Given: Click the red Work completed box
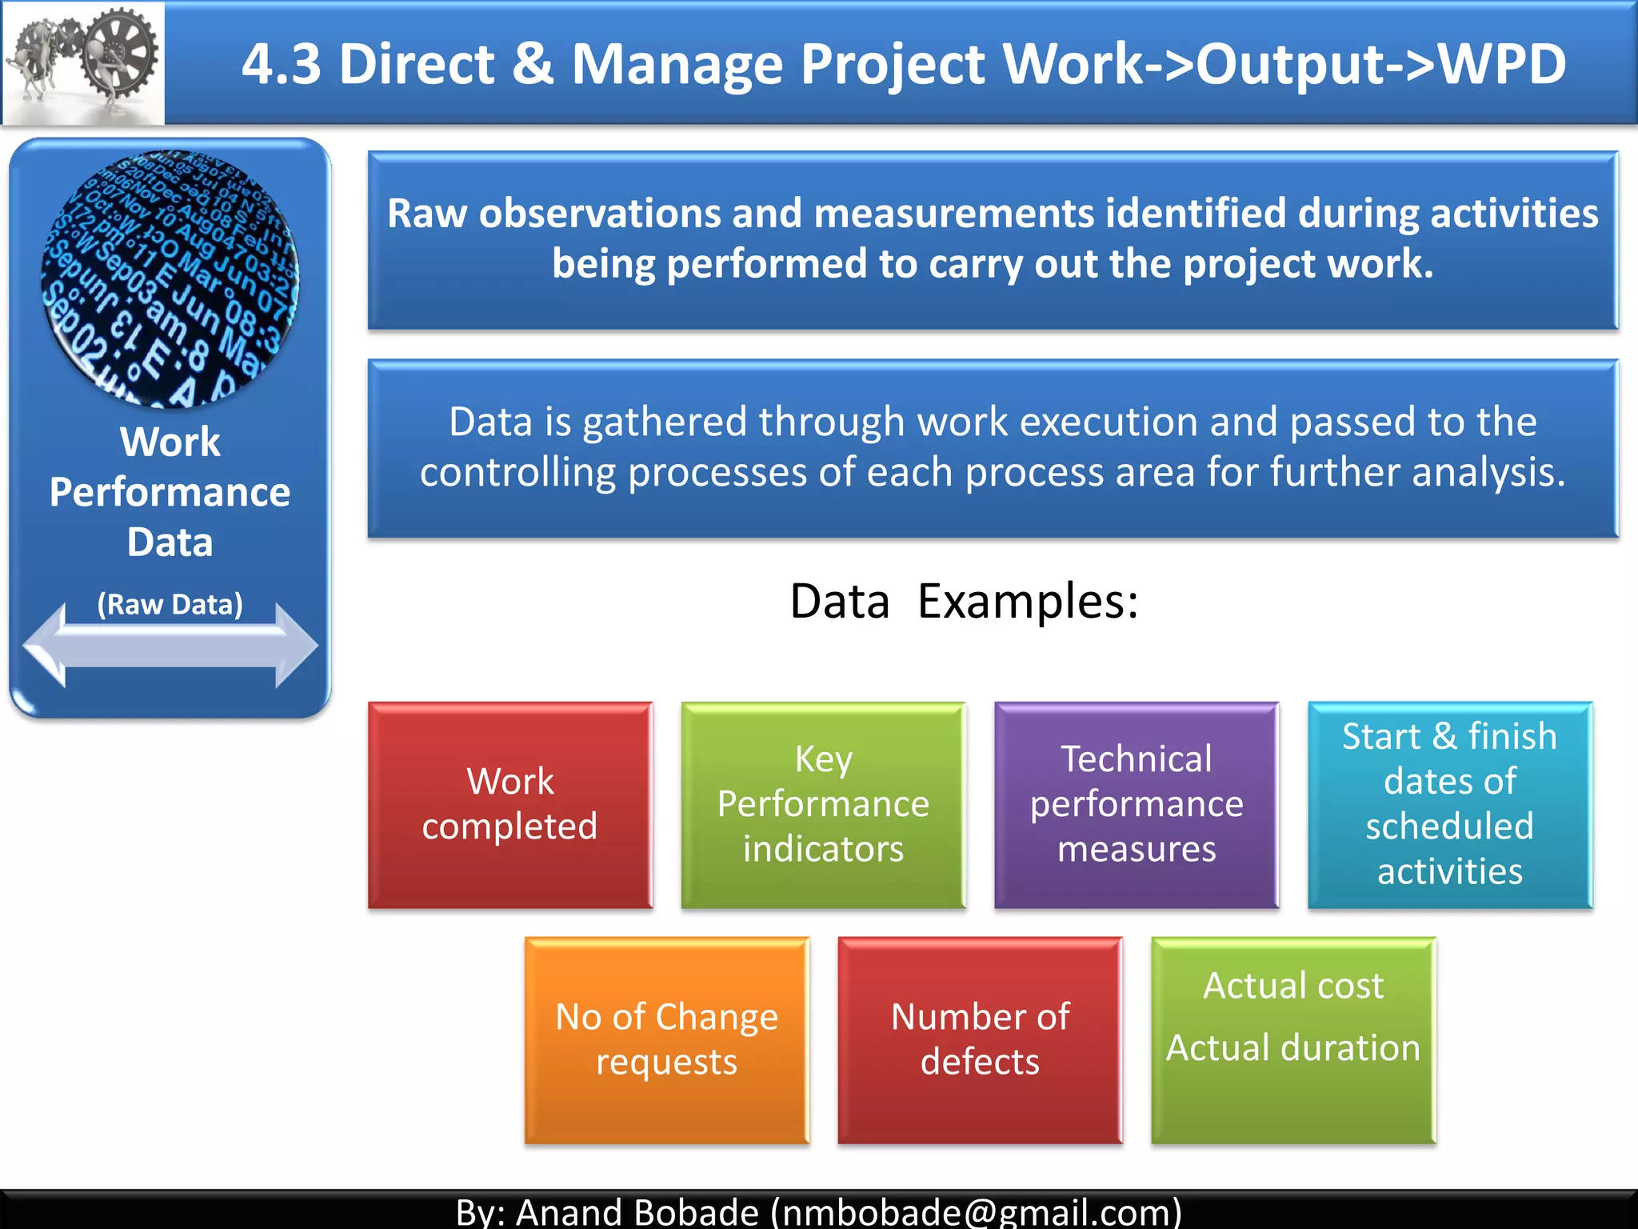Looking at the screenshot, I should tap(510, 804).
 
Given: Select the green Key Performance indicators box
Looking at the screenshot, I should tap(823, 804).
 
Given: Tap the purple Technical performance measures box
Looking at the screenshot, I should tap(1137, 804).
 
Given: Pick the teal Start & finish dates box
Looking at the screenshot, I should tap(1449, 804).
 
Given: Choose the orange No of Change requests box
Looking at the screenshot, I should tap(666, 1039).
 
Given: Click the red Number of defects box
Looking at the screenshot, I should tap(980, 1039).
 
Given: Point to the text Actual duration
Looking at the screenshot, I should tap(1292, 1048).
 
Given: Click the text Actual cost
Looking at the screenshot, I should tap(1292, 986).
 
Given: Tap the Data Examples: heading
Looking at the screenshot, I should tap(964, 602).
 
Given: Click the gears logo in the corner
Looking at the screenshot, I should tap(83, 62).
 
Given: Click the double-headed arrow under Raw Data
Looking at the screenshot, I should tap(170, 645).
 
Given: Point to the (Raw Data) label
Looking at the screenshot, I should tap(170, 604).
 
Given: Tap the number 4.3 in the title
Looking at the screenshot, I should tap(282, 64).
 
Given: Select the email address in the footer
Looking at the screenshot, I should tap(976, 1212).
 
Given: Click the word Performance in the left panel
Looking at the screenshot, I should tap(170, 492).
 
